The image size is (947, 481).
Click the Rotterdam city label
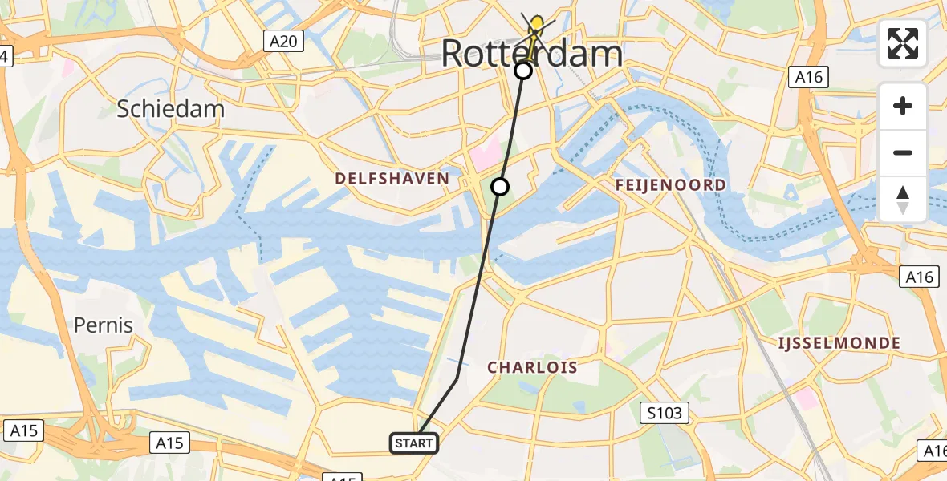(x=531, y=54)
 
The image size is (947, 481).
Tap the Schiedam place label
(x=170, y=109)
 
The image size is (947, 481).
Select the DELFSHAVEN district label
(x=392, y=178)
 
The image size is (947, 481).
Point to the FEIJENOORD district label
(x=670, y=185)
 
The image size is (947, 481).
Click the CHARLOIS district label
(x=533, y=367)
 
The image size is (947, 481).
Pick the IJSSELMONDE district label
(x=839, y=343)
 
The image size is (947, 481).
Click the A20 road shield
(x=284, y=42)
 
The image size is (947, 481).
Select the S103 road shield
(x=665, y=414)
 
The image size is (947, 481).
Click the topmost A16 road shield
(x=807, y=77)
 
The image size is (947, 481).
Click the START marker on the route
(x=414, y=443)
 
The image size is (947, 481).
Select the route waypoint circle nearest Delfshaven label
(x=500, y=187)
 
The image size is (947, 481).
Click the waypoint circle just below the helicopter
(x=523, y=71)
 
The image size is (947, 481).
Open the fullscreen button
(x=903, y=43)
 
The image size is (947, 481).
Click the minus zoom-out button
(x=903, y=152)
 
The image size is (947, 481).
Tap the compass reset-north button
(x=903, y=199)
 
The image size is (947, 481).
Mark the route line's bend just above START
(x=457, y=379)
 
